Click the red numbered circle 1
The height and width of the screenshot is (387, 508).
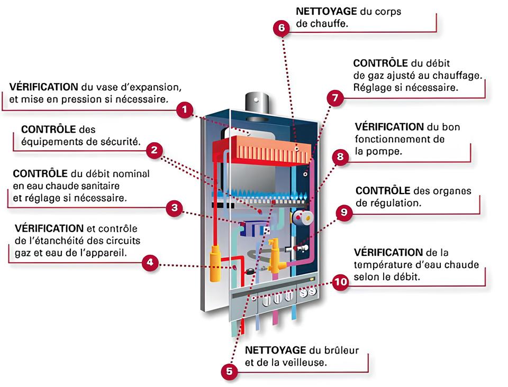coord(184,110)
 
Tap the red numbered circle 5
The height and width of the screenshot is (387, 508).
coord(229,371)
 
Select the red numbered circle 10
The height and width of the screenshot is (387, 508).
coord(341,282)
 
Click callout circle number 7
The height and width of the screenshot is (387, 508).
coord(334,98)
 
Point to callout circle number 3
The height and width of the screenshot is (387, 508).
coord(175,208)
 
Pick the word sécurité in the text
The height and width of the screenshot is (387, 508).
coord(122,142)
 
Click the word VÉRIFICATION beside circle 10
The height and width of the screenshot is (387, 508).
coord(388,252)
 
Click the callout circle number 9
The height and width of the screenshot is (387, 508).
coord(344,213)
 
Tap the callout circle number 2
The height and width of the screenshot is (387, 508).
coord(154,150)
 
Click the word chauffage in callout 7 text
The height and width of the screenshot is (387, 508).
coord(460,75)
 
